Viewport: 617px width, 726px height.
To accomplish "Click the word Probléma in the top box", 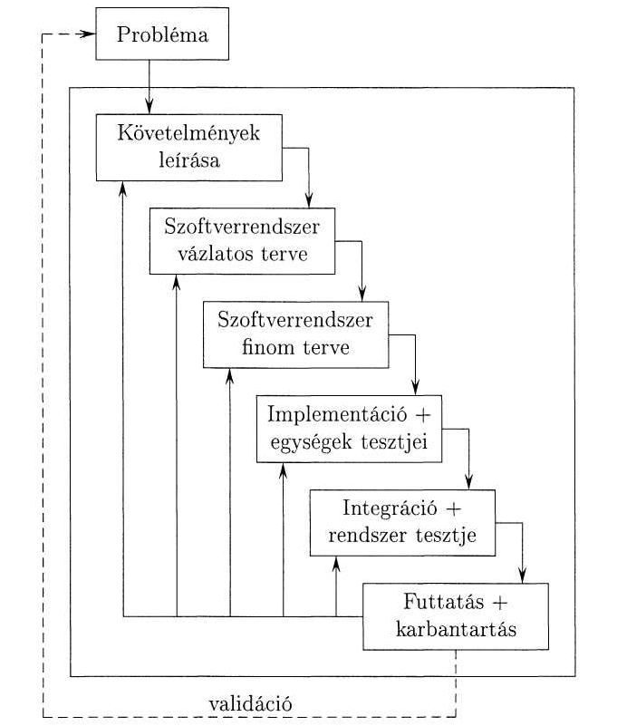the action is [162, 34].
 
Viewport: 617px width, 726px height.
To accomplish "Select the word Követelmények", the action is [188, 134].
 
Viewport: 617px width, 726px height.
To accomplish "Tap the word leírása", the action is [189, 160].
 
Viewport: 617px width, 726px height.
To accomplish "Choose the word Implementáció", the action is [337, 415].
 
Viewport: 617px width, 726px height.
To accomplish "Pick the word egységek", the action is [312, 442].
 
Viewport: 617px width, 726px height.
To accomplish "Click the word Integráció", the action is [390, 508].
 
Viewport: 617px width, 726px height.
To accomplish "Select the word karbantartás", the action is [456, 629].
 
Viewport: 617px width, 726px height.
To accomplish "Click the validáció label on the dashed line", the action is [250, 704].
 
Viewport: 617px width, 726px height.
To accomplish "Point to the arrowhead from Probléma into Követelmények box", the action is [149, 106].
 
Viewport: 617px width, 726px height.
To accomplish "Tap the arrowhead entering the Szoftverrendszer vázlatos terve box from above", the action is [309, 200].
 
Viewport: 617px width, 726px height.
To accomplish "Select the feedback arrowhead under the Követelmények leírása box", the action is [122, 189].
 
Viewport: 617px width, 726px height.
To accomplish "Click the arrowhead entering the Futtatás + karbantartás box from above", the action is [523, 575].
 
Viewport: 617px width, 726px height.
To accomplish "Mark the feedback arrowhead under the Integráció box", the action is [336, 564].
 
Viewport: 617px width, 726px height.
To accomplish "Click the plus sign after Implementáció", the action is [422, 415].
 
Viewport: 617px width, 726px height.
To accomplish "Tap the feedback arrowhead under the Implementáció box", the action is [284, 470].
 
